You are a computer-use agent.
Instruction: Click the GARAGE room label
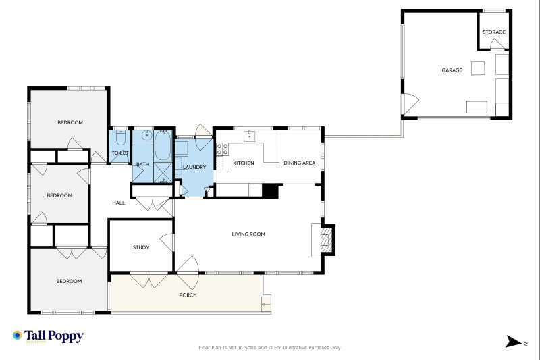[x=452, y=70]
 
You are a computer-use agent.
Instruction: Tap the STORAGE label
[x=494, y=32]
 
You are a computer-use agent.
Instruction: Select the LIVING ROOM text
[x=248, y=234]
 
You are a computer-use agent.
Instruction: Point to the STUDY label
[x=141, y=247]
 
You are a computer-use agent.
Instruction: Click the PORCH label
[x=188, y=295]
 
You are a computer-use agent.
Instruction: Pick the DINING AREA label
[x=299, y=163]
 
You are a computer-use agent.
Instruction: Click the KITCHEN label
[x=244, y=163]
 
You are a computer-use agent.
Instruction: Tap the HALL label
[x=119, y=203]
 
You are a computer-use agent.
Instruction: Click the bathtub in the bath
[x=163, y=145]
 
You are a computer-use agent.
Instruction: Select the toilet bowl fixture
[x=120, y=138]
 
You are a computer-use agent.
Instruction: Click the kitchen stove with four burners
[x=222, y=149]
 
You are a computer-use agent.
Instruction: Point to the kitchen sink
[x=249, y=136]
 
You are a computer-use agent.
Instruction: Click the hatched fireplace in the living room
[x=325, y=240]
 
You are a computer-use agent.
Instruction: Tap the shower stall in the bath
[x=163, y=172]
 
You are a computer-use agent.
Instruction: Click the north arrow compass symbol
[x=513, y=342]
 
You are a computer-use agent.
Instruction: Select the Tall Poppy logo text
[x=54, y=336]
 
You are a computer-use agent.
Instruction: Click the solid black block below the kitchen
[x=270, y=191]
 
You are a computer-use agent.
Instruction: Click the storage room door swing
[x=497, y=44]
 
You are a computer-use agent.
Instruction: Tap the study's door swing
[x=167, y=242]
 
